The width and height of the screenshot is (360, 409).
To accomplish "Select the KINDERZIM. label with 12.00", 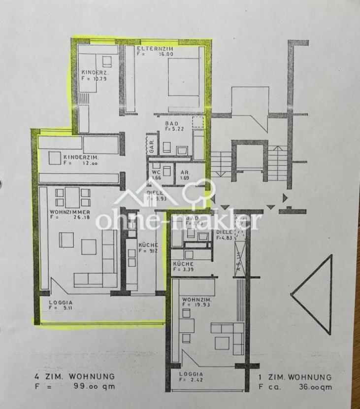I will pyautogui.click(x=81, y=157).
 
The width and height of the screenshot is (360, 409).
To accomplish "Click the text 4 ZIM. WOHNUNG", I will pyautogui.click(x=72, y=376).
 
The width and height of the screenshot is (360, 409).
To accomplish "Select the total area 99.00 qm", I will pyautogui.click(x=96, y=386).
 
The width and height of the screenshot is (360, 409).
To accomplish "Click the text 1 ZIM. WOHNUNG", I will pyautogui.click(x=295, y=377).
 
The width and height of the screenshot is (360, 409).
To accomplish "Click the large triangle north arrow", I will pyautogui.click(x=314, y=296).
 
